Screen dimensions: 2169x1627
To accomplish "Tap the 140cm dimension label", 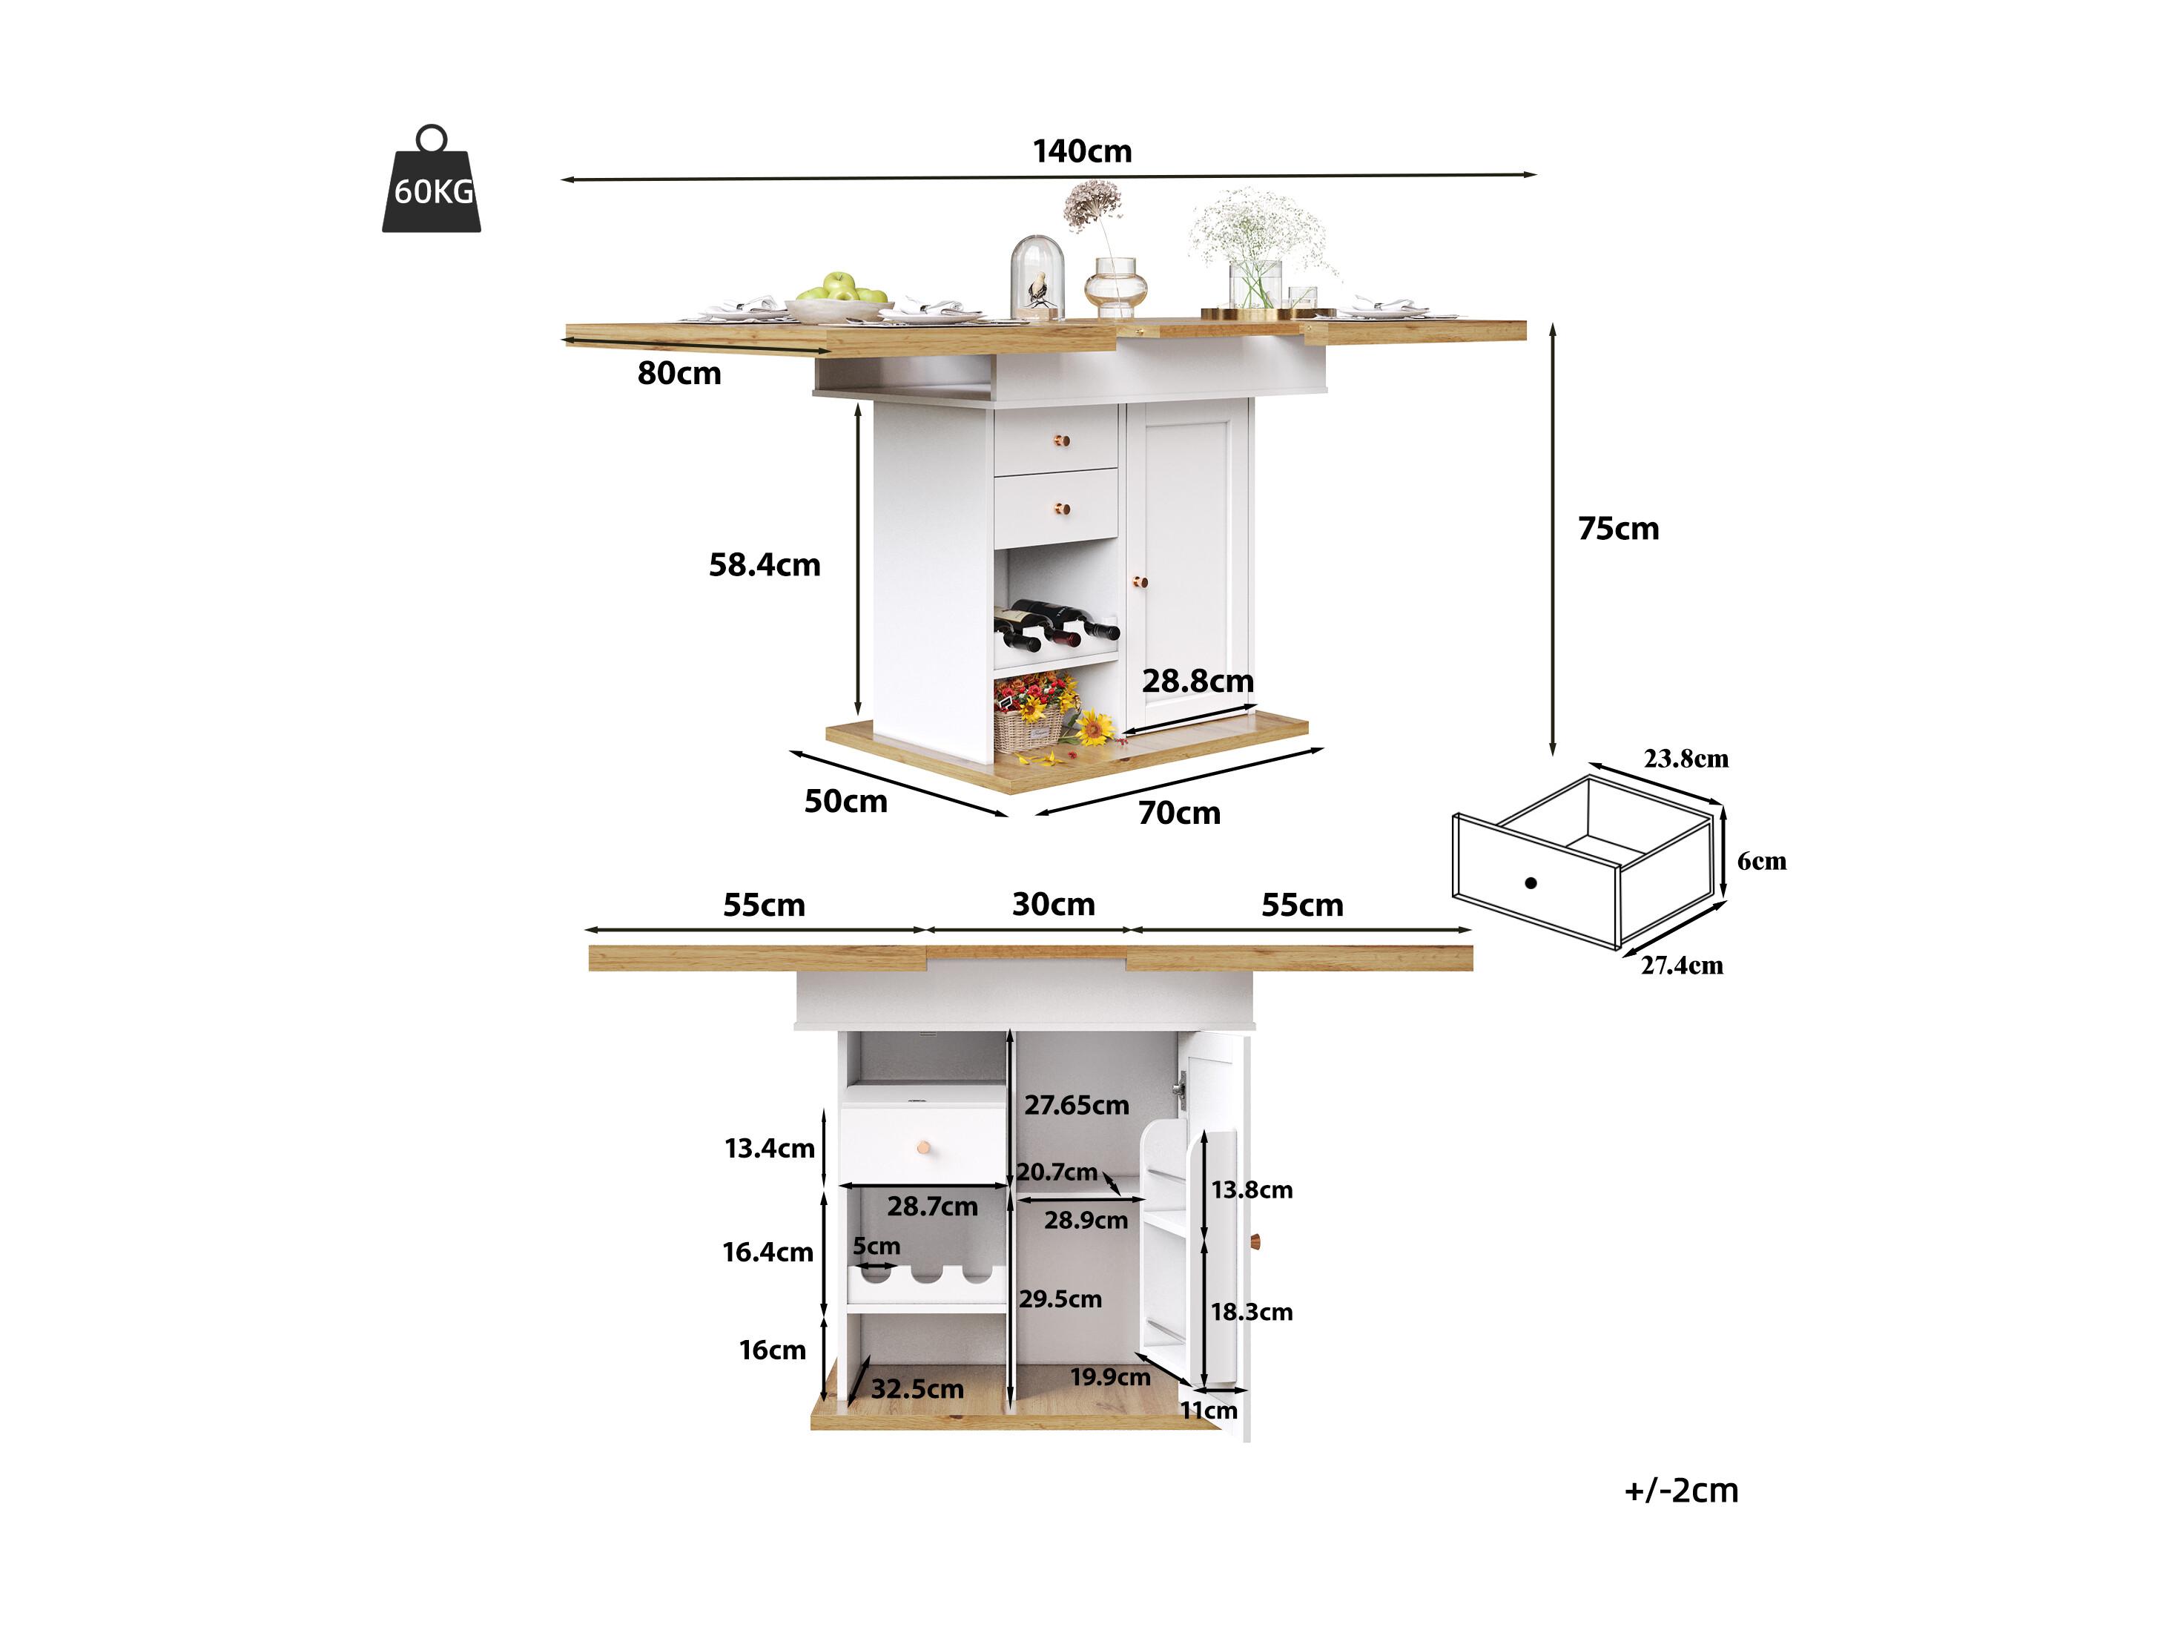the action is [1082, 151].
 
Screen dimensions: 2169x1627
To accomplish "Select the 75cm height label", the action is [1618, 529].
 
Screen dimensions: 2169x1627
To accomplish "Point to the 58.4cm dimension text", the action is [764, 565].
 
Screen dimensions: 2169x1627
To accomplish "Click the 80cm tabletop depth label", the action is [679, 374].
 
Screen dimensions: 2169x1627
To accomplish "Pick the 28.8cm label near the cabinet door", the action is [1198, 681].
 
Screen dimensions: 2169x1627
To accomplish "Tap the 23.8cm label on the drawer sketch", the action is [1686, 758].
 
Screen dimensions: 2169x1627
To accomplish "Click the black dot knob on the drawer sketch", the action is [1531, 882].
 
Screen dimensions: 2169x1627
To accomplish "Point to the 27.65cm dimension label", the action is [1077, 1105].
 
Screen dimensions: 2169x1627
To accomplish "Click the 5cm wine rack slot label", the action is [876, 1247].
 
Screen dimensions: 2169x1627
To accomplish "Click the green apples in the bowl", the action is [842, 288].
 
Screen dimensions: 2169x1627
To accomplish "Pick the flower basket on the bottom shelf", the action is [1031, 715].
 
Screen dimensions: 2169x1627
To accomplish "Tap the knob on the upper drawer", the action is [1061, 440].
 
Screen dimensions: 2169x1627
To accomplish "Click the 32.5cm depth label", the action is [917, 1389].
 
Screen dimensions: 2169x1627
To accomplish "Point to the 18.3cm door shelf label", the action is [1251, 1312].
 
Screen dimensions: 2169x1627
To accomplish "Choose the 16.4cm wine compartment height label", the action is [767, 1253].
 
